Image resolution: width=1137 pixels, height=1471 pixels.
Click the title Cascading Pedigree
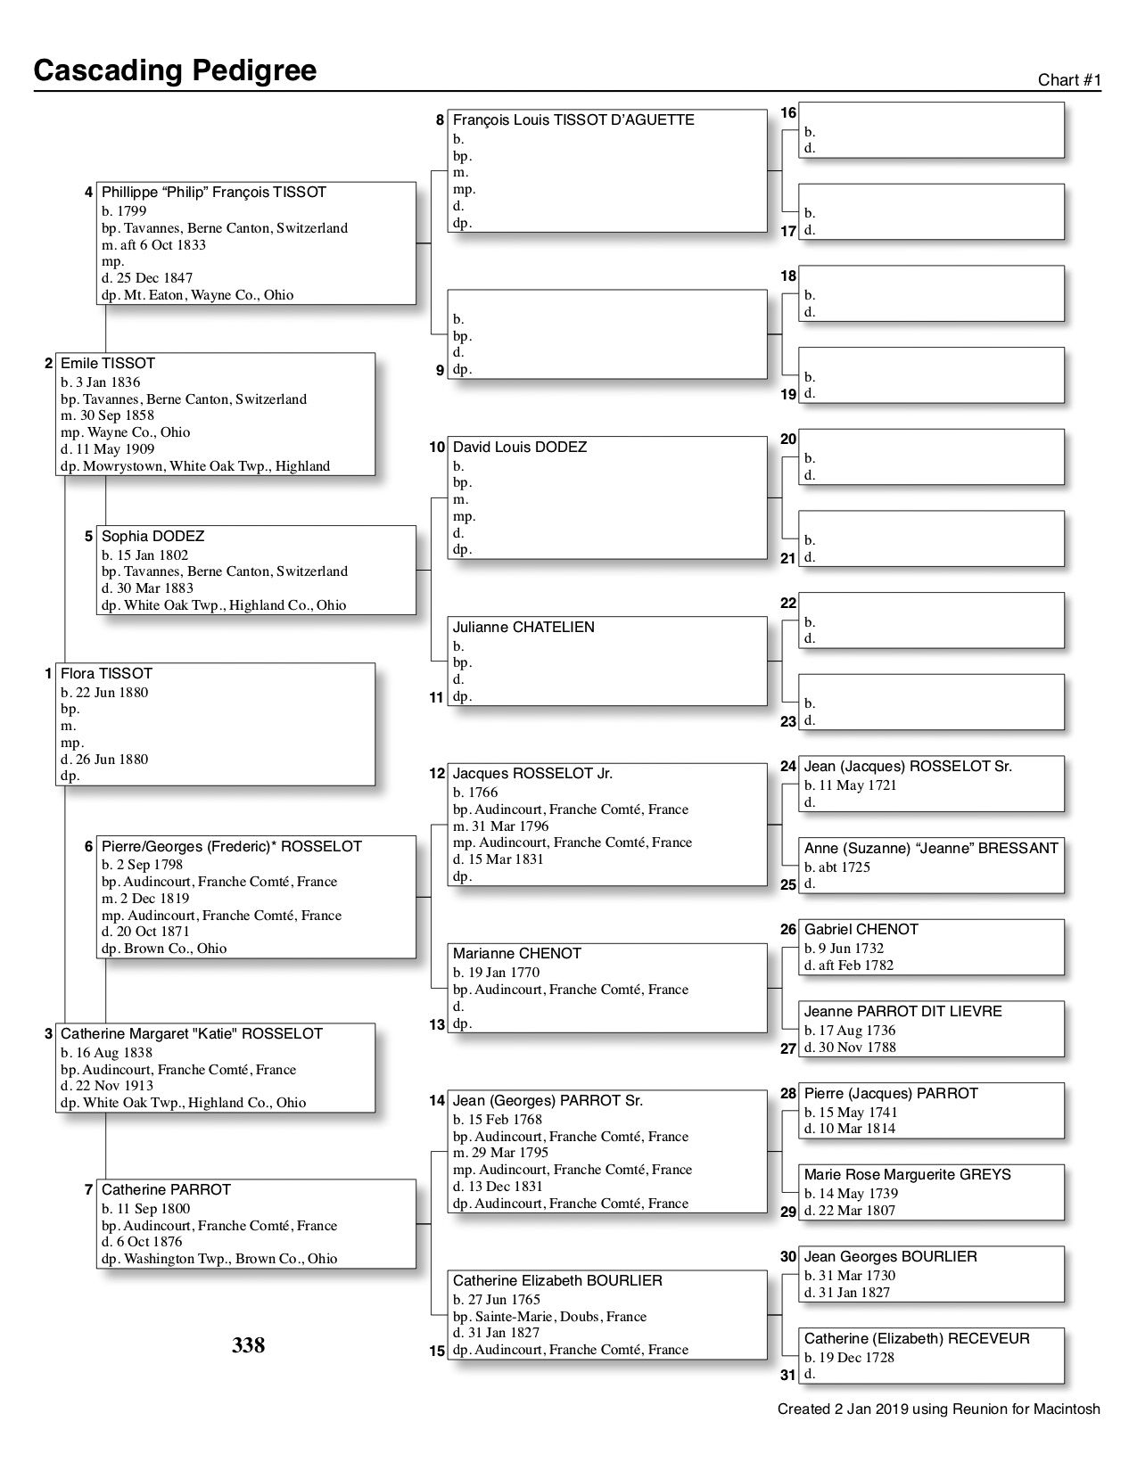click(x=175, y=70)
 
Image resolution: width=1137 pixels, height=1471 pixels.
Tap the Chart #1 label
click(x=1069, y=80)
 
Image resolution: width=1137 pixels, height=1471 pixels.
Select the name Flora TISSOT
click(x=106, y=673)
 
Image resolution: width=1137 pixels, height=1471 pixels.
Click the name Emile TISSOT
click(x=107, y=363)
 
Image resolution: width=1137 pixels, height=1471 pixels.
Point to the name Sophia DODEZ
click(x=152, y=536)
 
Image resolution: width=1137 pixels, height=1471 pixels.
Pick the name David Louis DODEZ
click(x=519, y=447)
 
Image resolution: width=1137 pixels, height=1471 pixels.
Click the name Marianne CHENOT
click(x=516, y=953)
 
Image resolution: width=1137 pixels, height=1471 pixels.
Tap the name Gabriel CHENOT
click(x=861, y=929)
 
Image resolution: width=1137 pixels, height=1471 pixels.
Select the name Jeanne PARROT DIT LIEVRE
click(x=902, y=1011)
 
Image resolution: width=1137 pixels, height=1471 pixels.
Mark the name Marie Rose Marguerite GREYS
click(x=907, y=1174)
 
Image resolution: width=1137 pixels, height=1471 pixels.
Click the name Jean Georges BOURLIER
click(x=890, y=1256)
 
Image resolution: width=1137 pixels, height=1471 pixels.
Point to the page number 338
click(x=248, y=1345)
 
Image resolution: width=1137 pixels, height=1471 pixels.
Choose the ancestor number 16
click(x=788, y=113)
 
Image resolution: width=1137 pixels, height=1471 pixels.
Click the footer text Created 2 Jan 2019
click(x=938, y=1409)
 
